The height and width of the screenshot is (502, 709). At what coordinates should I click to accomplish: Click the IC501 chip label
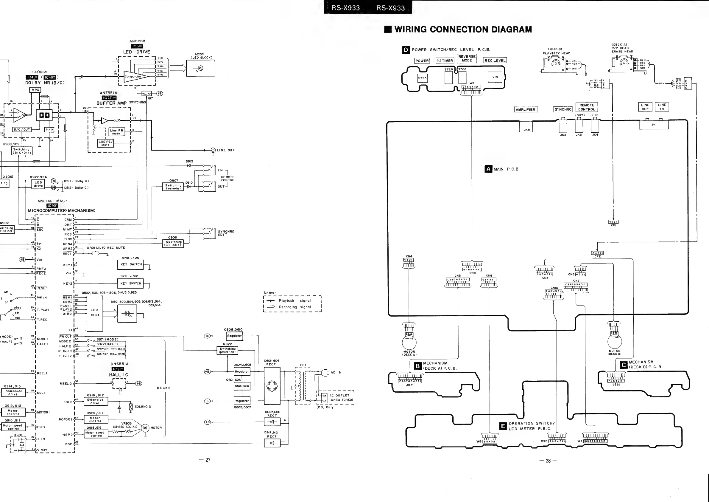137,46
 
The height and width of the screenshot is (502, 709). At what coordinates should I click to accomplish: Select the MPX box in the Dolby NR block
35,90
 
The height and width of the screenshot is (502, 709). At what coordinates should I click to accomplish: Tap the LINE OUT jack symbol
213,150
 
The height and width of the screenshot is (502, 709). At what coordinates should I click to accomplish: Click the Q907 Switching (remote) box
173,187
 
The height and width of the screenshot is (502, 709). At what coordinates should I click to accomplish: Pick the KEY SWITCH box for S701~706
131,264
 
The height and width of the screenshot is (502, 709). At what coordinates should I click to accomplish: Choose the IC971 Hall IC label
118,369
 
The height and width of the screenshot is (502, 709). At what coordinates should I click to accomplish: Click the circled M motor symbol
145,428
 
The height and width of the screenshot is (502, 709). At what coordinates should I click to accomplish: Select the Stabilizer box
242,386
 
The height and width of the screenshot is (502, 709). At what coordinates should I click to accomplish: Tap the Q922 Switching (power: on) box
227,350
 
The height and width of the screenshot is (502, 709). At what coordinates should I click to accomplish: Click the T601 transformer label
302,365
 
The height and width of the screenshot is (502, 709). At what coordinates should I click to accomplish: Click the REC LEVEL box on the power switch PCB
495,61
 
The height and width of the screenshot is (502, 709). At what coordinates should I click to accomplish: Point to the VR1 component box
495,77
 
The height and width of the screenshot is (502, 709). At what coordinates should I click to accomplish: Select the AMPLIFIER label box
525,109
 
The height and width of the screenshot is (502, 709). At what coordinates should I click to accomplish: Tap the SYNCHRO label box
563,109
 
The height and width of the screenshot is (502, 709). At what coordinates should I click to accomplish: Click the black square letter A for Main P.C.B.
488,169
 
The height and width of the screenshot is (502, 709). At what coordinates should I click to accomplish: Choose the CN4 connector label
409,256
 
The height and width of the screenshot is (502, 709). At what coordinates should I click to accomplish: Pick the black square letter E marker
503,426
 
